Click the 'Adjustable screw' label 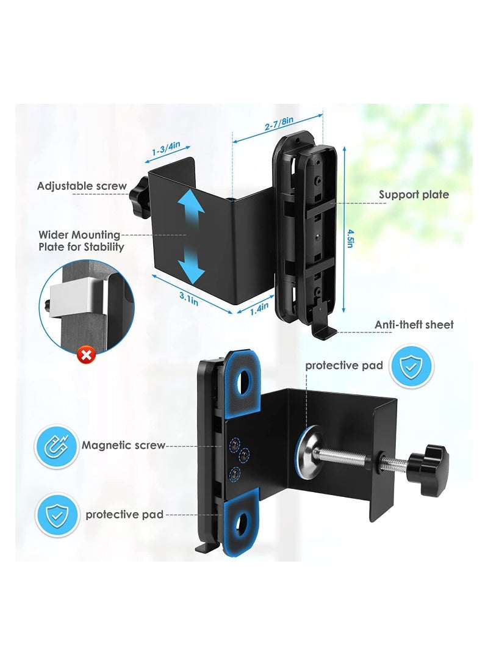click(x=82, y=186)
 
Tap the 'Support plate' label click(x=414, y=195)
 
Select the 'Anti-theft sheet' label click(x=414, y=325)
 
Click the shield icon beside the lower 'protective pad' click(x=57, y=515)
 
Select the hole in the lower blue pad click(x=243, y=520)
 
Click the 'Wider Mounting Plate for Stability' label click(x=81, y=241)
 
